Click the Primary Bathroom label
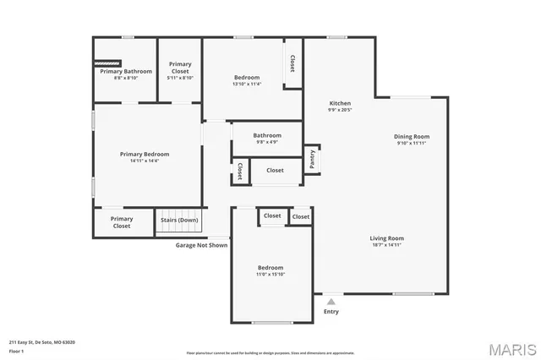click(126, 71)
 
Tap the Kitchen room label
click(340, 103)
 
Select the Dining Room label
click(412, 136)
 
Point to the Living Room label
click(386, 237)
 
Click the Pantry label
click(312, 159)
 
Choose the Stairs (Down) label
click(179, 221)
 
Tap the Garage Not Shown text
click(201, 245)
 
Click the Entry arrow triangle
click(331, 300)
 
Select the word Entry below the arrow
click(331, 311)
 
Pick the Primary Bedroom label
click(145, 154)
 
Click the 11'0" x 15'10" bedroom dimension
click(271, 274)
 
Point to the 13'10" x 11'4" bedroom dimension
click(247, 84)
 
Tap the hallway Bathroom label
click(267, 135)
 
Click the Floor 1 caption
click(16, 351)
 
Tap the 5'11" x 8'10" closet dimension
click(180, 78)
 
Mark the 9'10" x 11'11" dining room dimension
click(412, 143)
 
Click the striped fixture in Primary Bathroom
click(107, 63)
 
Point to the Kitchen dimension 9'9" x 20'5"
click(340, 110)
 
